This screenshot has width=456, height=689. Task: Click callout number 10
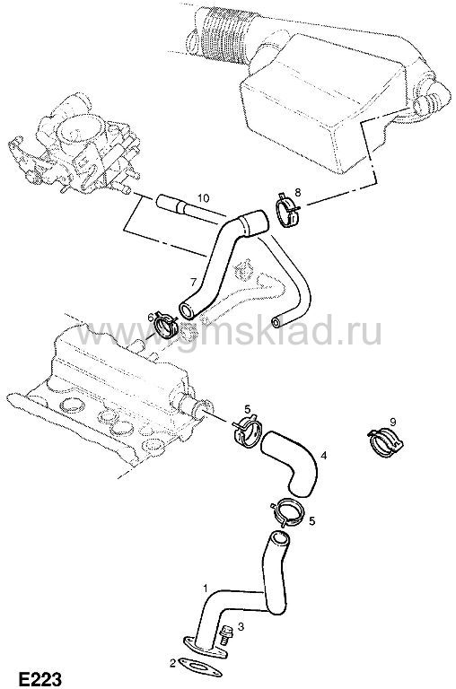coord(203,197)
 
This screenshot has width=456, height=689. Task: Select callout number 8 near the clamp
coord(298,192)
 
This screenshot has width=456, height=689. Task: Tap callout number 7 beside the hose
coord(193,281)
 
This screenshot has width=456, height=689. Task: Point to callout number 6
coord(151,317)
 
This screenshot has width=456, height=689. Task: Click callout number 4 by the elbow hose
coord(324,455)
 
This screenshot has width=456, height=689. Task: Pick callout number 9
coord(392,422)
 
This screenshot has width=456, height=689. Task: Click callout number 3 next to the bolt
coord(241,626)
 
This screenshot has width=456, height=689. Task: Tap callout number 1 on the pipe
coord(205,588)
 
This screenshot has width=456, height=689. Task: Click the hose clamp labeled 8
coord(287,209)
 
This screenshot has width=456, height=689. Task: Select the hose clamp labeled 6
coord(166,326)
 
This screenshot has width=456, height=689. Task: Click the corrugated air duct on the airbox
coord(225,33)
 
